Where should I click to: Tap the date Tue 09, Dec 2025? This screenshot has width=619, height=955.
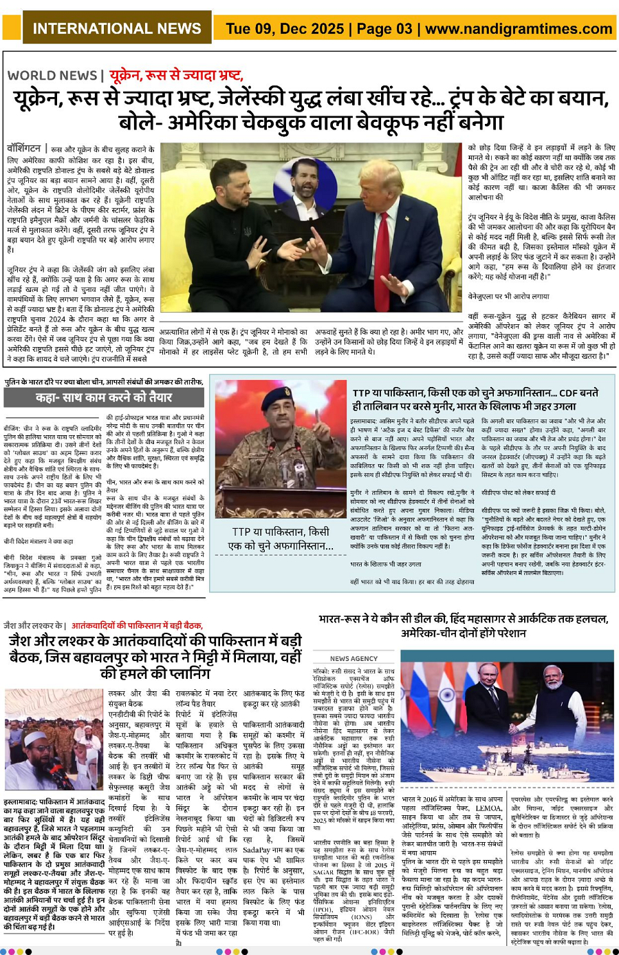pyautogui.click(x=284, y=29)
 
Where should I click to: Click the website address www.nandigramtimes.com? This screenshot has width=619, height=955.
pyautogui.click(x=519, y=29)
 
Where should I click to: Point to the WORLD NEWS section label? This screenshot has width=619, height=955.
pyautogui.click(x=52, y=76)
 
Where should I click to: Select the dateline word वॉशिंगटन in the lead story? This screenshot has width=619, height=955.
pyautogui.click(x=23, y=149)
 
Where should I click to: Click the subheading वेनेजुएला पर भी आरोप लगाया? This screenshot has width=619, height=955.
pyautogui.click(x=508, y=296)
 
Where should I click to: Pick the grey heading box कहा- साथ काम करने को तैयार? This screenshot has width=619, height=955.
pyautogui.click(x=104, y=397)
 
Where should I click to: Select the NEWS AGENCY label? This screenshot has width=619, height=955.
pyautogui.click(x=353, y=659)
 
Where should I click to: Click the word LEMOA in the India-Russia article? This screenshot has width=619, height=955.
pyautogui.click(x=489, y=808)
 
